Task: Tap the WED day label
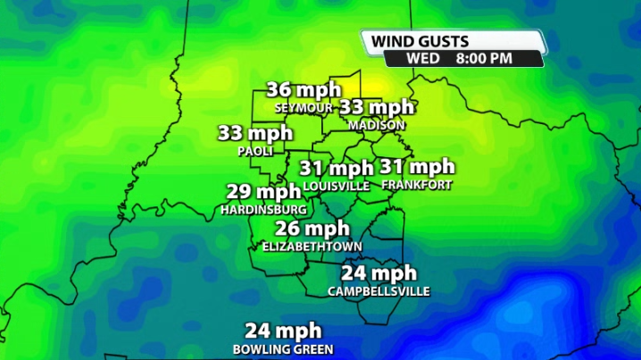[x=422, y=58]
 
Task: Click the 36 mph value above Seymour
[x=304, y=90]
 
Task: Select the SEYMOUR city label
[x=304, y=107]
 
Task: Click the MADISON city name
[x=377, y=125]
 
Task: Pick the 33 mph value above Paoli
[x=255, y=134]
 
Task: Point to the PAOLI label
[x=255, y=151]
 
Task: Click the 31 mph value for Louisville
[x=336, y=168]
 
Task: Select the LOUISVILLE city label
[x=336, y=186]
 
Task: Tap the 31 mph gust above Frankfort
[x=417, y=167]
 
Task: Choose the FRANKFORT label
[x=416, y=185]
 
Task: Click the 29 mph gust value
[x=263, y=192]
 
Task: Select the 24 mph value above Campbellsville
[x=379, y=273]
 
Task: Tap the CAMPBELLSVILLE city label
[x=379, y=291]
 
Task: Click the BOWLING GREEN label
[x=283, y=348]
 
